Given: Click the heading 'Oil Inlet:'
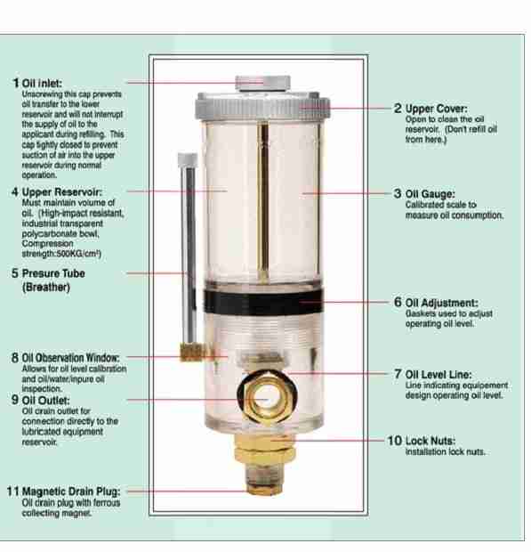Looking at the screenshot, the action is click(42, 83).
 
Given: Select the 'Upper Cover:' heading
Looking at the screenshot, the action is click(437, 109).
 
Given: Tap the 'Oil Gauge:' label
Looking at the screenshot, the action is click(430, 194).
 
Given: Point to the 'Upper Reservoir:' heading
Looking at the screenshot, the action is click(62, 192).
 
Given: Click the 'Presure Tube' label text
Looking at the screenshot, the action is click(53, 273).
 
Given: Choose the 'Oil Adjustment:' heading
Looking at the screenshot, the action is click(442, 303).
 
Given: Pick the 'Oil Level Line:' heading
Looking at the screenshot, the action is click(438, 374).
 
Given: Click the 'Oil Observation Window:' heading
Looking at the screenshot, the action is click(70, 358).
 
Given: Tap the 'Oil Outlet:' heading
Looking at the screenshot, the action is click(45, 401).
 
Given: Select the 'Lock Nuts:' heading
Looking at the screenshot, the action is click(430, 441).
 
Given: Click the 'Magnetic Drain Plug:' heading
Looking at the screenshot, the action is click(71, 491).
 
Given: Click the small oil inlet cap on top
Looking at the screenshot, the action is click(262, 84).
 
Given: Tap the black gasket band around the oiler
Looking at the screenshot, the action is click(263, 302).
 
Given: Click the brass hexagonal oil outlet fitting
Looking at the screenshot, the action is click(267, 399).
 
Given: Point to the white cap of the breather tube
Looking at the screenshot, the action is click(188, 160).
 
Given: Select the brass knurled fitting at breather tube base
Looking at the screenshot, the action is click(192, 352).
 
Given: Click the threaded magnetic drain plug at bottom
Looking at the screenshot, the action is click(264, 478).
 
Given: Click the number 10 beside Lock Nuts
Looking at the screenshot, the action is click(394, 441).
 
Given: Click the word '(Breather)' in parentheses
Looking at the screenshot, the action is click(46, 288).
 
